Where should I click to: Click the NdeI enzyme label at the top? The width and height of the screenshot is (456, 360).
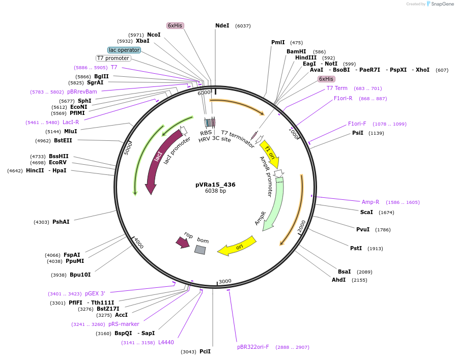(222, 25)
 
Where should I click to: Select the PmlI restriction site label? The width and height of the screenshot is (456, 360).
(278, 43)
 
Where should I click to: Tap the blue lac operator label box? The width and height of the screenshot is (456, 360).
(124, 50)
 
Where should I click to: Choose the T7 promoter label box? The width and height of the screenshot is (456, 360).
(113, 58)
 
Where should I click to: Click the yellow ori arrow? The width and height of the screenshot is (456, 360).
(237, 247)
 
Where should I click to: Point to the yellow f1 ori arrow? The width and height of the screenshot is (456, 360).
(270, 154)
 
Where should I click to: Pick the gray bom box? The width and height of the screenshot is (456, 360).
(200, 250)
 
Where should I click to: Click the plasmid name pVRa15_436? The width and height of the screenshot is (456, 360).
(215, 185)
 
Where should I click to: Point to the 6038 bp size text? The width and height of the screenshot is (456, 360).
(215, 191)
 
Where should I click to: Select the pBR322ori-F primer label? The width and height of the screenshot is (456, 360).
(253, 347)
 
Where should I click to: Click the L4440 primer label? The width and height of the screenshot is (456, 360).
(166, 342)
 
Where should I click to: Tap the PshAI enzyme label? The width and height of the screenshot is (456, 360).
(61, 222)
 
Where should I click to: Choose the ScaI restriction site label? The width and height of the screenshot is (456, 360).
(366, 212)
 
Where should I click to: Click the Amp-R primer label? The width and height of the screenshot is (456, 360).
(370, 202)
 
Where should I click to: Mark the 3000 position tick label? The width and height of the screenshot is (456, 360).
(225, 281)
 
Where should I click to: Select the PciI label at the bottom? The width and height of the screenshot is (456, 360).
(205, 351)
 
